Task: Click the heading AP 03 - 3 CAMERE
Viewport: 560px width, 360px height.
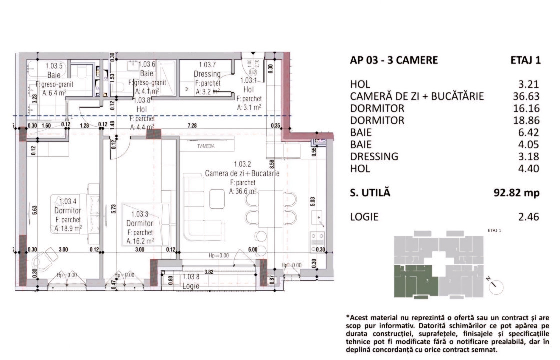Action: coord(394,60)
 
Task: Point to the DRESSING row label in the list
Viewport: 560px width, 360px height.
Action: coord(374,156)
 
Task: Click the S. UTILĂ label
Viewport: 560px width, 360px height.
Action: coord(370,193)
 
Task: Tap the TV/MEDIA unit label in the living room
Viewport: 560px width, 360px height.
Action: coord(207,146)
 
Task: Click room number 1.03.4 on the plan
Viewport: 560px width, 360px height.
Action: coord(68,201)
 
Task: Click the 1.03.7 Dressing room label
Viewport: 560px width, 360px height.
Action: coord(207,65)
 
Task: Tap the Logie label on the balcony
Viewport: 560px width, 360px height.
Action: coord(191,286)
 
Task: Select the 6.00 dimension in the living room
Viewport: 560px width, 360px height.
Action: coord(252,249)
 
